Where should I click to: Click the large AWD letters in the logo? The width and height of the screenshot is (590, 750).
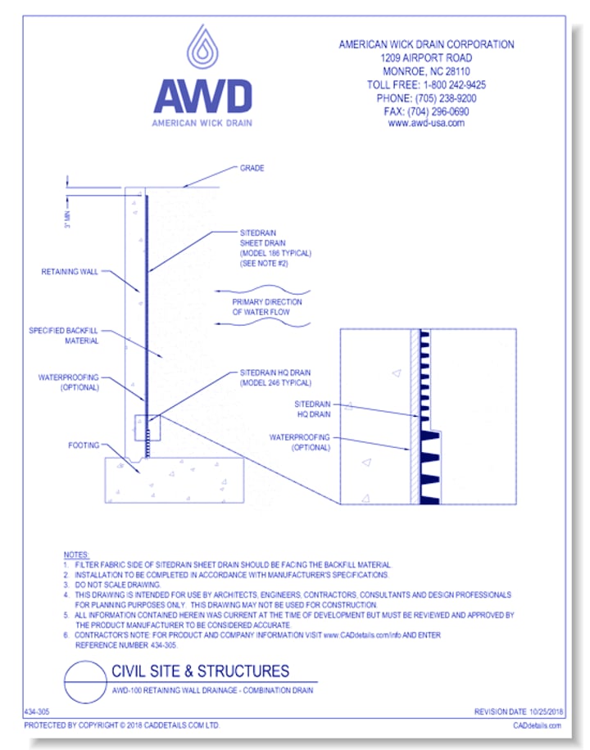pyautogui.click(x=202, y=97)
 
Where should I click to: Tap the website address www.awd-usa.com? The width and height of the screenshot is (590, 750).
pyautogui.click(x=426, y=124)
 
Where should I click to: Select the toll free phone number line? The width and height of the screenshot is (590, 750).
pyautogui.click(x=426, y=84)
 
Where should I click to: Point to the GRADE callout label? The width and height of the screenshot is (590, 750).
pyautogui.click(x=252, y=168)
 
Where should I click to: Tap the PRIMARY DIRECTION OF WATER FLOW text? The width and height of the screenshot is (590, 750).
pyautogui.click(x=267, y=306)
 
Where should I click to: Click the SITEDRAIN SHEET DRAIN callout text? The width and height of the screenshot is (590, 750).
pyautogui.click(x=262, y=248)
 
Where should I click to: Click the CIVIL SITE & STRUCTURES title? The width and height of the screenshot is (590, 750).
pyautogui.click(x=199, y=671)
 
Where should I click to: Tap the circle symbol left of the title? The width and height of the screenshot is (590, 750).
pyautogui.click(x=84, y=680)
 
